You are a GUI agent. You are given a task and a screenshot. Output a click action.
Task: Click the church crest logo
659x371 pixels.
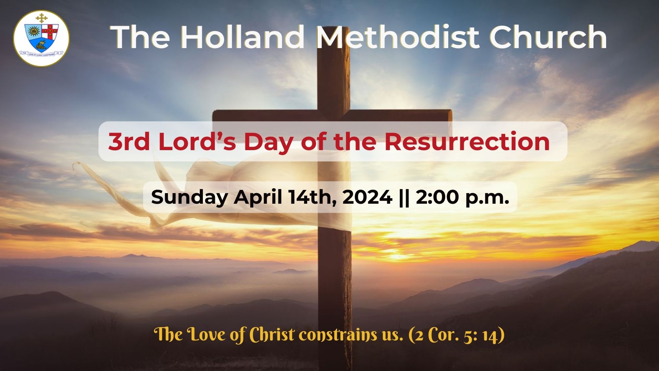click(41, 38)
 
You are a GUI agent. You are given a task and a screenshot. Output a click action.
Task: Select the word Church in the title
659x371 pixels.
click(548, 37)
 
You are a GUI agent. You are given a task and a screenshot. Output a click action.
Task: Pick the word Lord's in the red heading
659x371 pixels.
click(197, 141)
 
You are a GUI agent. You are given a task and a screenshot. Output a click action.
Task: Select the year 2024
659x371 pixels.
click(367, 197)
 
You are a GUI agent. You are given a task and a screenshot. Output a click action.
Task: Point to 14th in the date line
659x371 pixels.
click(312, 198)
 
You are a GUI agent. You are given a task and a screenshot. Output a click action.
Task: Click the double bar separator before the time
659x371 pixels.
click(404, 198)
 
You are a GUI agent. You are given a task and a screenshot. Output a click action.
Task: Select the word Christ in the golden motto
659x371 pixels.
click(271, 334)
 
